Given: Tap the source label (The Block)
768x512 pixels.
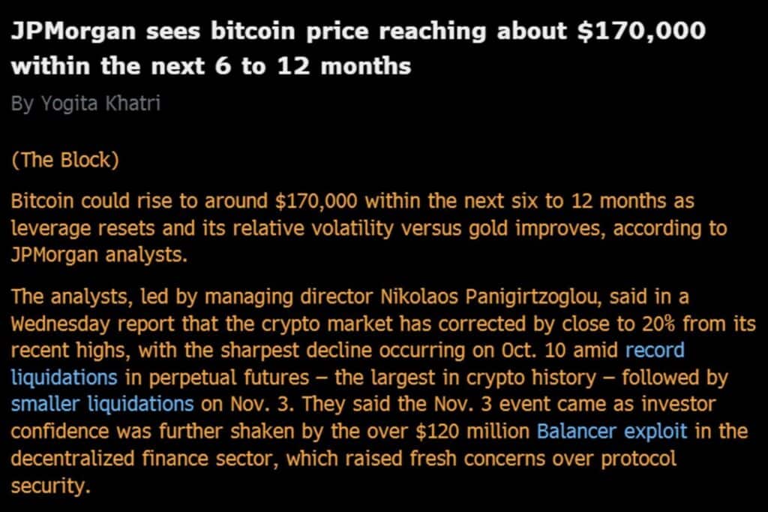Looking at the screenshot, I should pos(64,161).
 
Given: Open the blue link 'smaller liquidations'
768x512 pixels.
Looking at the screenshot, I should pos(102,403).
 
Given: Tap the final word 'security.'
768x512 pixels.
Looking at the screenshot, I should pos(50,484).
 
